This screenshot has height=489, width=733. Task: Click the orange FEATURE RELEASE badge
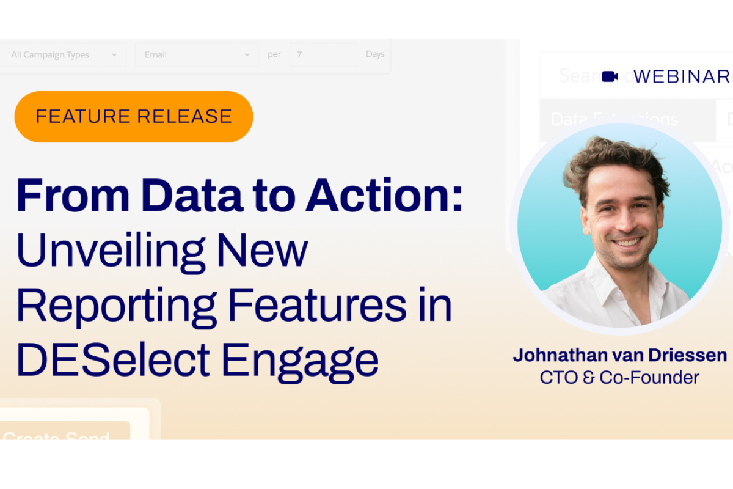click(134, 116)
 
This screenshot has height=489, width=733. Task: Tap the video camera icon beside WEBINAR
click(610, 76)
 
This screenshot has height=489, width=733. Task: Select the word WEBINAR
click(682, 76)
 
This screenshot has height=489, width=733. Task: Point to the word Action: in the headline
click(384, 196)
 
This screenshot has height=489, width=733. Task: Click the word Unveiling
click(110, 251)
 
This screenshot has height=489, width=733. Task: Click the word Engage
click(299, 361)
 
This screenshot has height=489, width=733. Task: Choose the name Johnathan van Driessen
click(619, 355)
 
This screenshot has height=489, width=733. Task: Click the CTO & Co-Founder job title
click(619, 377)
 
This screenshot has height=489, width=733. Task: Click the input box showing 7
click(323, 55)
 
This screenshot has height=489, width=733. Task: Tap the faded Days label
click(375, 54)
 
